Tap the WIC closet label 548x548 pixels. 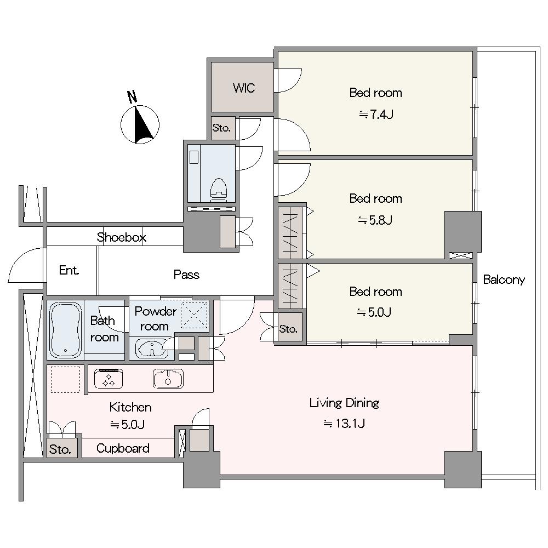click(244, 88)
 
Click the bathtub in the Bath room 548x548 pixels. click(65, 329)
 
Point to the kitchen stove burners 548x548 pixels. click(109, 379)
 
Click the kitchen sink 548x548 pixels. click(168, 379)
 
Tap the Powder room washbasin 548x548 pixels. click(151, 349)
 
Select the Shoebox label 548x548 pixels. click(121, 237)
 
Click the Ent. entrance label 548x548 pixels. click(69, 270)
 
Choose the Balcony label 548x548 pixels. click(504, 279)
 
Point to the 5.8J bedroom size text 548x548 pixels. click(375, 220)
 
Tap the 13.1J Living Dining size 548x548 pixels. click(344, 424)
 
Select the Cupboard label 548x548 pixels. click(123, 448)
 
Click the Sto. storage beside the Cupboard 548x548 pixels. click(60, 449)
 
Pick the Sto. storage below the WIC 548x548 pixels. click(221, 128)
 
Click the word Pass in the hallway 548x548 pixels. click(186, 275)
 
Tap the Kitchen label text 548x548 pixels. click(130, 407)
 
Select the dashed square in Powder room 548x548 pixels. click(194, 316)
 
